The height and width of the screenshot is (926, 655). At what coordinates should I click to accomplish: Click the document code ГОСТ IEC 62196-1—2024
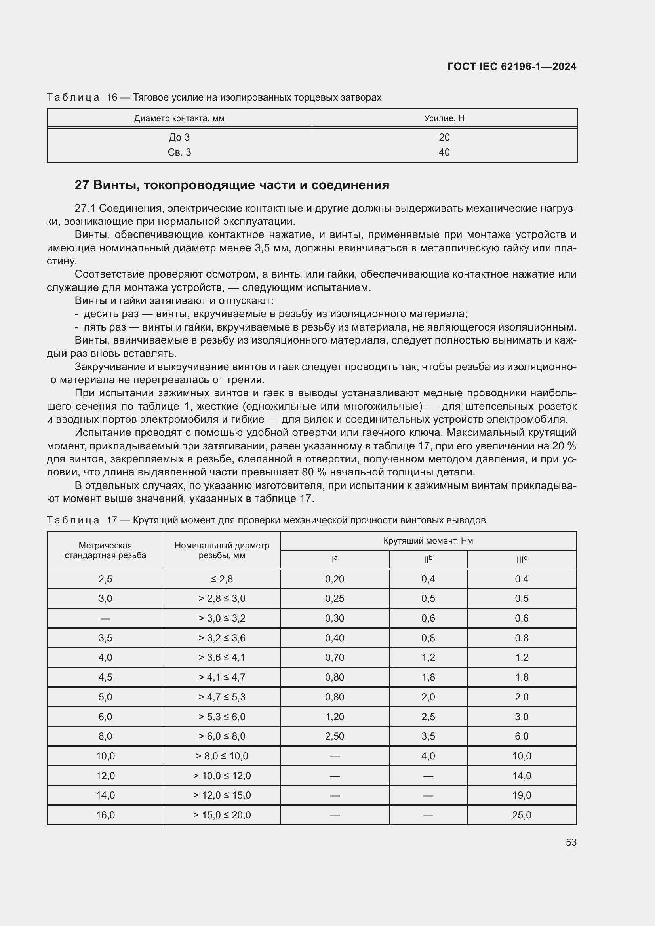511,67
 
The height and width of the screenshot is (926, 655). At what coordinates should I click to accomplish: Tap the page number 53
571,842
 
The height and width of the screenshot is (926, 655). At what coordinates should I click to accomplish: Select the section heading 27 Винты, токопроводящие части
232,185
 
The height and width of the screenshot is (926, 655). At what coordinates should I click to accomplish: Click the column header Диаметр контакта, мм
179,118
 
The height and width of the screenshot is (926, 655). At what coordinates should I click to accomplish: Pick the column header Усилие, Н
444,118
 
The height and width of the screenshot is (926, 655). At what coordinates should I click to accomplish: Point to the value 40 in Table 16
444,152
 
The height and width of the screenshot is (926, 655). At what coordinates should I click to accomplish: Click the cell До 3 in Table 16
179,137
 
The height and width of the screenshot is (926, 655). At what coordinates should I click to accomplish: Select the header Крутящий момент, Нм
428,540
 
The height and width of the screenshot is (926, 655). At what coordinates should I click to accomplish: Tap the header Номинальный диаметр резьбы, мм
222,550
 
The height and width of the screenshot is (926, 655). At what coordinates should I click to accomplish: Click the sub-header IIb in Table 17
428,559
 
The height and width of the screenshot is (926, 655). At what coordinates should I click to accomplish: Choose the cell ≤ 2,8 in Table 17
222,579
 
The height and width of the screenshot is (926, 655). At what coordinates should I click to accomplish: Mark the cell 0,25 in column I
334,599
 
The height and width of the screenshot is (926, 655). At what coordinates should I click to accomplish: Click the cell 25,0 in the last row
522,815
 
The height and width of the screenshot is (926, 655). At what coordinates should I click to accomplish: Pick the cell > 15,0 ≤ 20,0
222,815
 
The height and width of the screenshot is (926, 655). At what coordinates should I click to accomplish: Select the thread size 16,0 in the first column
105,815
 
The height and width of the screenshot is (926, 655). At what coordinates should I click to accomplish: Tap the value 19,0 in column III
522,795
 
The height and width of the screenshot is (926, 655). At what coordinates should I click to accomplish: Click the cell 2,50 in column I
334,736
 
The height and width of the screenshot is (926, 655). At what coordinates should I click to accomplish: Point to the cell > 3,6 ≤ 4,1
222,658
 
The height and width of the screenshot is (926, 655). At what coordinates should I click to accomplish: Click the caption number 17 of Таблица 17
112,520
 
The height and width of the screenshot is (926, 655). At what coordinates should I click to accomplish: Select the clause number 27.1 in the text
85,209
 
